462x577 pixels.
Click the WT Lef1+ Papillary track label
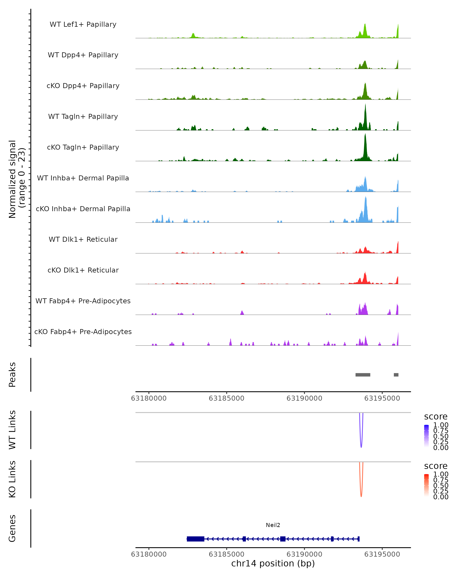[83, 24]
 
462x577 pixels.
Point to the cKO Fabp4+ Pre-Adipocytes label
[83, 332]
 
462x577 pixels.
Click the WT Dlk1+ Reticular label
[83, 239]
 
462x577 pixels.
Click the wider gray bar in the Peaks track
[363, 375]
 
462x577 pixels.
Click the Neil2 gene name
[273, 525]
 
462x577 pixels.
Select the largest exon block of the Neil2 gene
[196, 539]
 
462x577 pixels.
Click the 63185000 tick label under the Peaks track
[226, 398]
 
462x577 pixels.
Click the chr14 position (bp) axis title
[273, 563]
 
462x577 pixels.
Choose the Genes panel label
[12, 528]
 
